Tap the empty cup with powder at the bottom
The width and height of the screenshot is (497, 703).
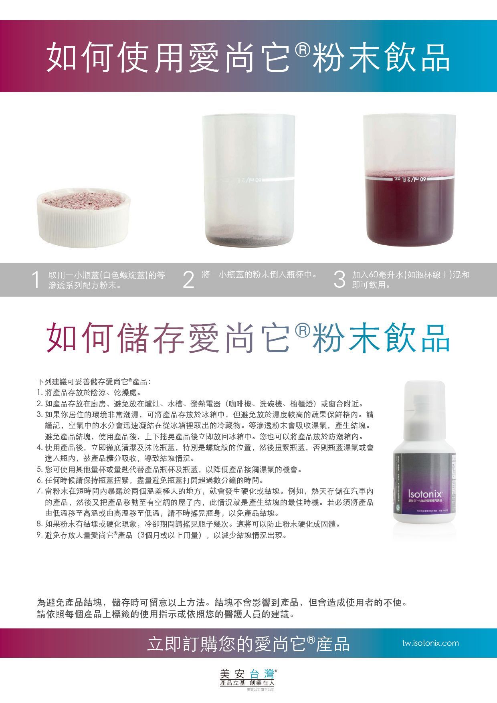[x=248, y=180]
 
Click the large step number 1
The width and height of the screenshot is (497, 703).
[x=36, y=280]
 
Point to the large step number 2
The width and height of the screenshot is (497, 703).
[x=188, y=280]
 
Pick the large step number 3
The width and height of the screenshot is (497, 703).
[x=339, y=280]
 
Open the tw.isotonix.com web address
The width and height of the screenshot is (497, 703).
[x=430, y=643]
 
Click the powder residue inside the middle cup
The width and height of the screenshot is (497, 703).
[x=248, y=240]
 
